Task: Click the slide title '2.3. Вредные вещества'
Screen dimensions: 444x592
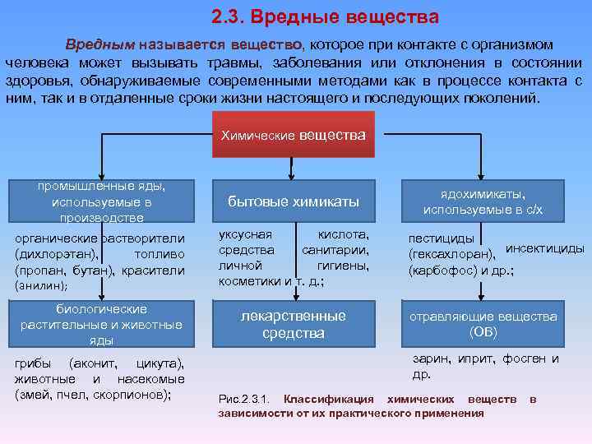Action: click(325, 17)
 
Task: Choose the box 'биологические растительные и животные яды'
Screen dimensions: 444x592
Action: click(101, 324)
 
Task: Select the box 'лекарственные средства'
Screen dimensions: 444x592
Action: click(294, 324)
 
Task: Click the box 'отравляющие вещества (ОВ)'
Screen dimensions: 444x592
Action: click(483, 324)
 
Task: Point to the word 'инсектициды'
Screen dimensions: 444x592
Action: click(544, 247)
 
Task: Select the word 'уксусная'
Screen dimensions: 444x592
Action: click(243, 235)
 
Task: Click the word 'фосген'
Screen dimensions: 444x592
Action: click(520, 358)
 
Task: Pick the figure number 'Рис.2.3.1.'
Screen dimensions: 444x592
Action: click(246, 400)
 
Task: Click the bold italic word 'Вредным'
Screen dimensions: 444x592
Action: click(99, 44)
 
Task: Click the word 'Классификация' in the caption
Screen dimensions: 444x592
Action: click(329, 400)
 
